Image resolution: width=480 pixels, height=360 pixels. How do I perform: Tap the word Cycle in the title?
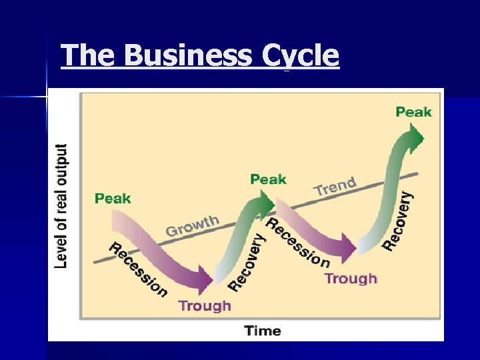click(x=301, y=56)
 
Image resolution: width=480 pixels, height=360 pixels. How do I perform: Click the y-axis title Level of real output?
click(x=61, y=206)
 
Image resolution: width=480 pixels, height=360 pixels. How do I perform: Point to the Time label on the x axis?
click(x=263, y=330)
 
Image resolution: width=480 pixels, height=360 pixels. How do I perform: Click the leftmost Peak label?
click(x=113, y=198)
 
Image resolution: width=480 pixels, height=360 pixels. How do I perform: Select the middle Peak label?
click(x=268, y=179)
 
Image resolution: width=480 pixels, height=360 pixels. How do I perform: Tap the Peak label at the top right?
click(x=413, y=111)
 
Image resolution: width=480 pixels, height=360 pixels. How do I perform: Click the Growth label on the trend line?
click(x=192, y=225)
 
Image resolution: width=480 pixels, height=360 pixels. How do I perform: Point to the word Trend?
click(x=335, y=186)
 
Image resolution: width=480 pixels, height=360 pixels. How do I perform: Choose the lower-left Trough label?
click(x=205, y=305)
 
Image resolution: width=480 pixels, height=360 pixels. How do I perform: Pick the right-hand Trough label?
click(x=351, y=278)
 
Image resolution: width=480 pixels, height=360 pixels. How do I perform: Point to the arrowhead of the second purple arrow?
click(x=351, y=249)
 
